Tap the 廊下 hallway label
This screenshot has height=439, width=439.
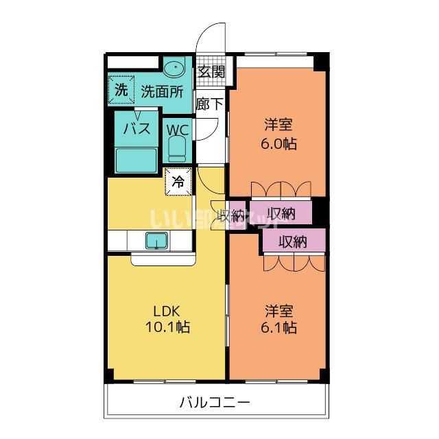[x=209, y=104]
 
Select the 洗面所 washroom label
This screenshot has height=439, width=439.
[x=162, y=91]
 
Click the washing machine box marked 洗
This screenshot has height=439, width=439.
[x=120, y=89]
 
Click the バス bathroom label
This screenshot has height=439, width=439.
[x=137, y=129]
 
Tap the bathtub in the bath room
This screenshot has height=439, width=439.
[x=137, y=159]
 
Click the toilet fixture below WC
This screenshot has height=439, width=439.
[x=177, y=150]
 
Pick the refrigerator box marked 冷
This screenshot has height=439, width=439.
[x=177, y=182]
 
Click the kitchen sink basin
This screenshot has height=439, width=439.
[x=156, y=241]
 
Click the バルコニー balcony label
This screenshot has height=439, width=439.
[x=215, y=401]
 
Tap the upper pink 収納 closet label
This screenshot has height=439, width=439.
[x=281, y=212]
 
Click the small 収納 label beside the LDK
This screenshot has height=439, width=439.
[x=230, y=215]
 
